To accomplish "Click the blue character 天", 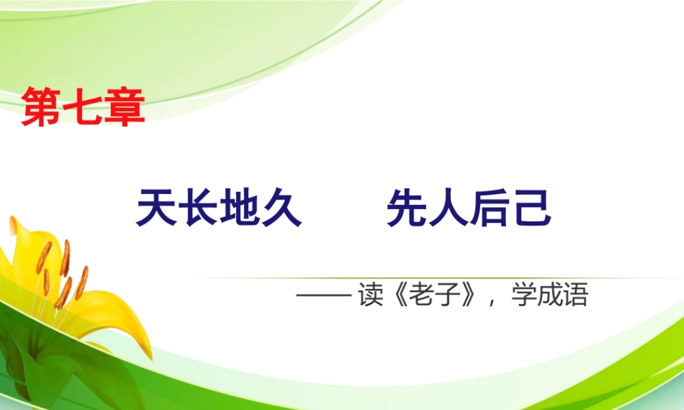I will click(x=157, y=208).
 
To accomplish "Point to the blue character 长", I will click(x=198, y=208).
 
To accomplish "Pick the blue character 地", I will click(x=240, y=208).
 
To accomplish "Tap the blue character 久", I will click(x=282, y=208).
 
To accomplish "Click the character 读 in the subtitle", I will click(x=370, y=297).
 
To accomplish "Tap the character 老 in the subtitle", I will click(x=422, y=297).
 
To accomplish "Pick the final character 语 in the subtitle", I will click(x=575, y=297).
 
